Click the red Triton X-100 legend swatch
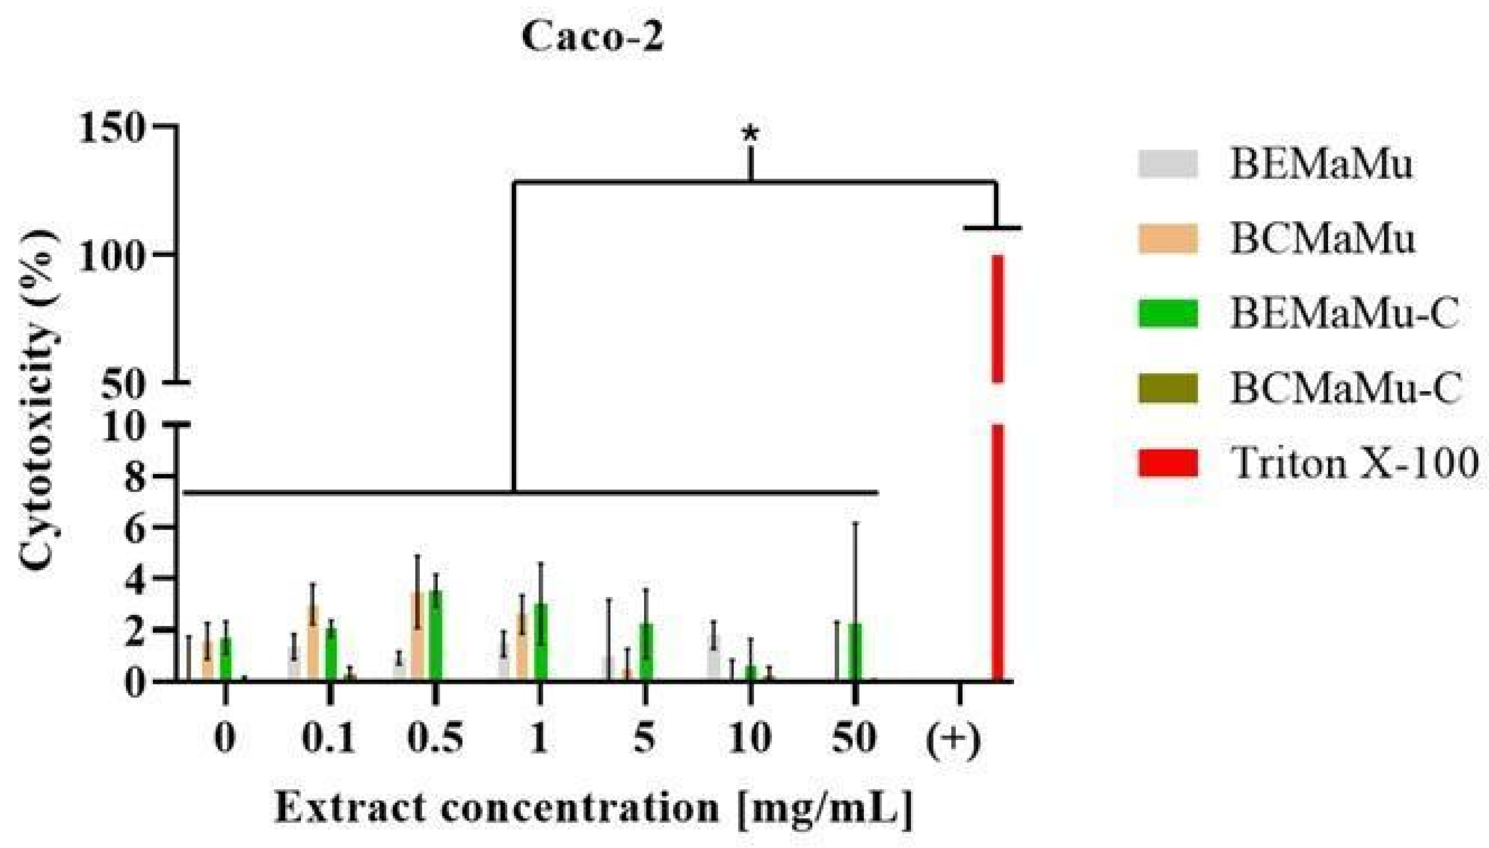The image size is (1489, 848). pyautogui.click(x=1168, y=463)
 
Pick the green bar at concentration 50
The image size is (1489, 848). pyautogui.click(x=855, y=652)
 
